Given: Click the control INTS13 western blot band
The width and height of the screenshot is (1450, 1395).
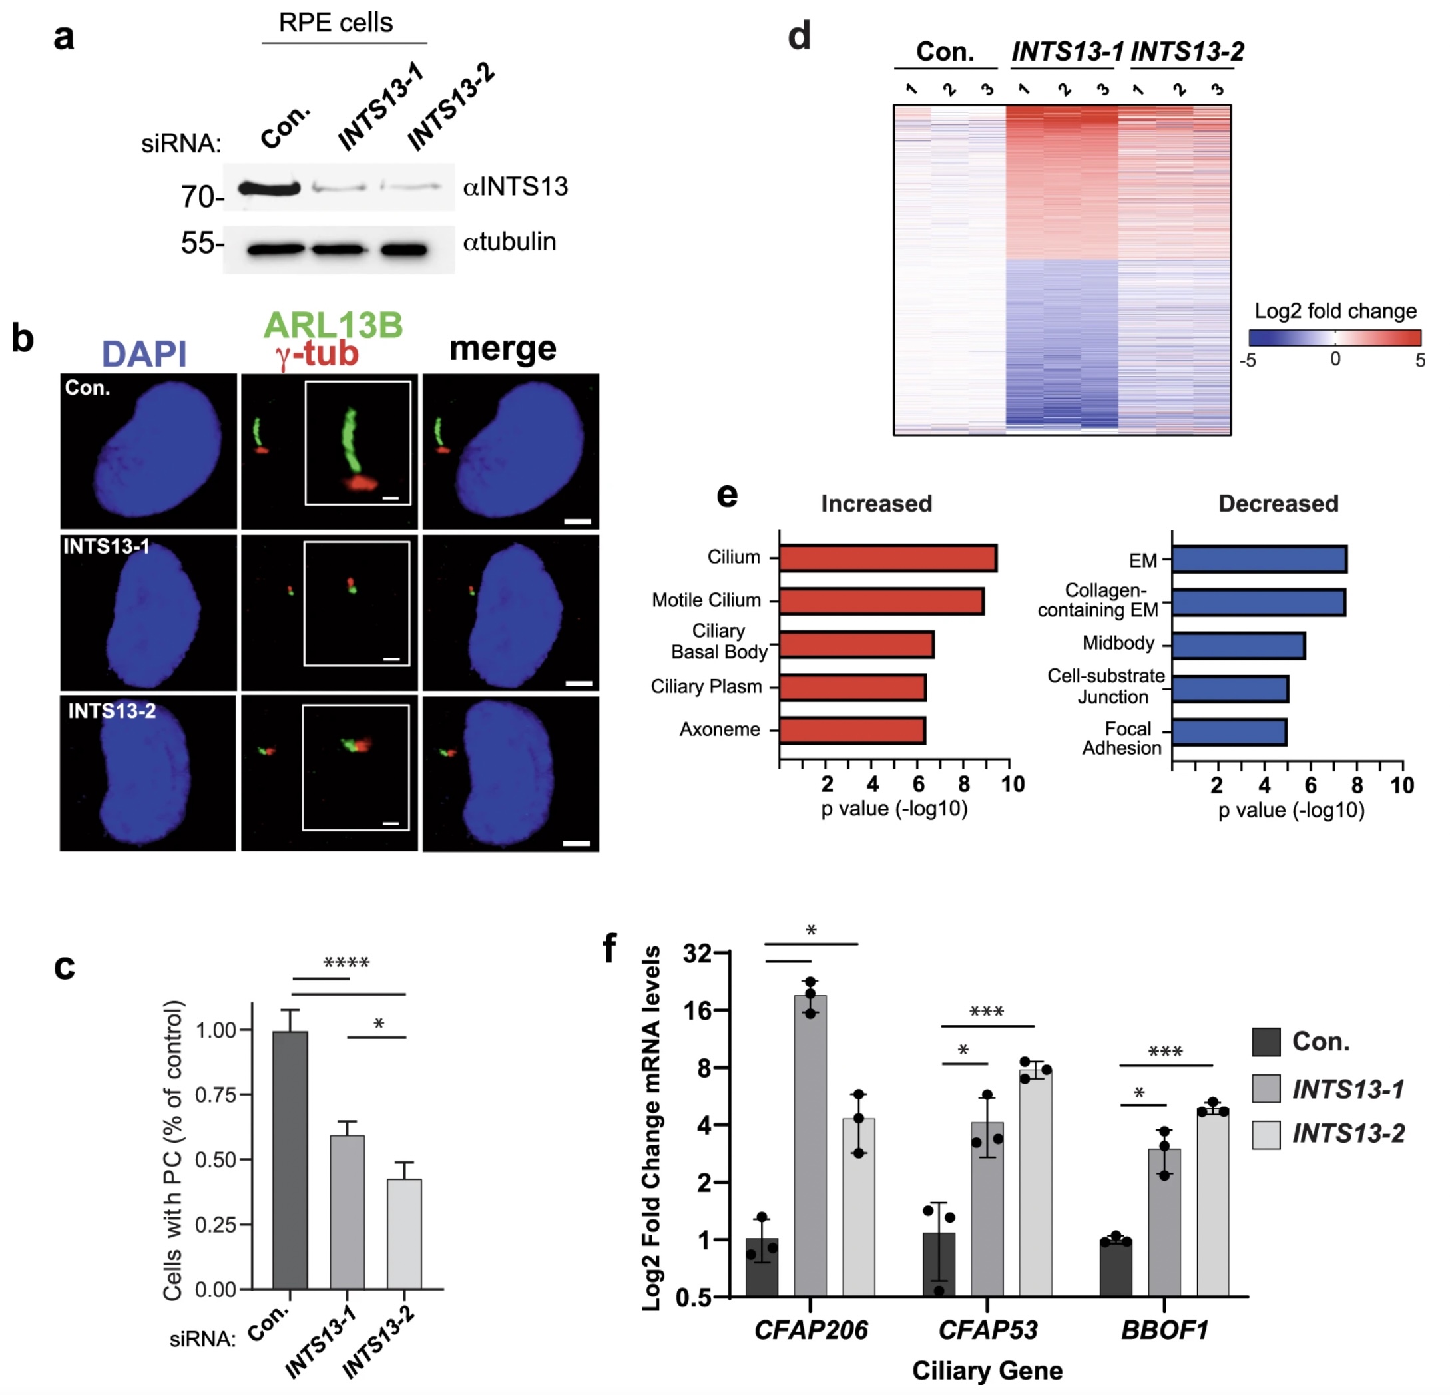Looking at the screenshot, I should [269, 188].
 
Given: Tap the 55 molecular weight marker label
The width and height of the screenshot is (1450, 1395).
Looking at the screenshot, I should [199, 243].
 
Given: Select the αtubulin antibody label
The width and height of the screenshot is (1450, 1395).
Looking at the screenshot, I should [509, 242].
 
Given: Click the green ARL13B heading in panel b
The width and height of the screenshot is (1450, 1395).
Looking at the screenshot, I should [333, 325].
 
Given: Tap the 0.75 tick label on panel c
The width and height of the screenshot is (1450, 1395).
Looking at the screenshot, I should [214, 1095].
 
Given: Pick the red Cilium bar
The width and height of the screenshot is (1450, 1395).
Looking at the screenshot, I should [887, 558].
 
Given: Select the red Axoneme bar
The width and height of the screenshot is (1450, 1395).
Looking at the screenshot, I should [852, 731].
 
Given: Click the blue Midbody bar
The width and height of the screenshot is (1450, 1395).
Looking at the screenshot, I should [1238, 646].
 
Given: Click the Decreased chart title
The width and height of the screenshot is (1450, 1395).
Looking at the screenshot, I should [1278, 504].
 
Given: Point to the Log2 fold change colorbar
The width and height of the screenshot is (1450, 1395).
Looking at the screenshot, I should [1335, 338].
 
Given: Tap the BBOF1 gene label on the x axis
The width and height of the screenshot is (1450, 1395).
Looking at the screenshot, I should [1164, 1330].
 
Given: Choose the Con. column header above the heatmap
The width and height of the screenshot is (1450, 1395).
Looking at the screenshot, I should [945, 52].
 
